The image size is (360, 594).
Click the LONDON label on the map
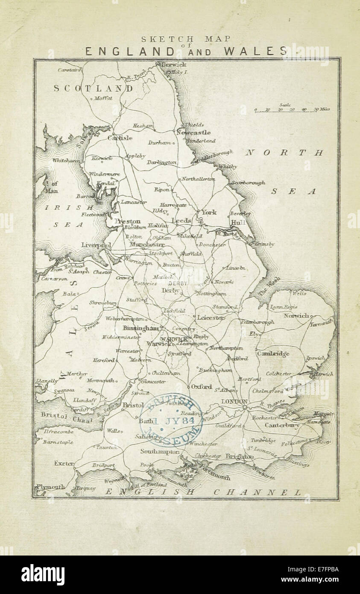click(234, 402)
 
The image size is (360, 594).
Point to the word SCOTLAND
click(93, 88)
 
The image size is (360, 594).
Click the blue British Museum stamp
click(171, 420)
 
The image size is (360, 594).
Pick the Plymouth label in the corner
click(51, 486)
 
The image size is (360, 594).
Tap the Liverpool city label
click(96, 245)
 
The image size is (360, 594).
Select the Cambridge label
click(273, 353)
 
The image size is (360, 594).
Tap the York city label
click(209, 212)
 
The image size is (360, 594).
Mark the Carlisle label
click(120, 138)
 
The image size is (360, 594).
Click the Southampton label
click(160, 451)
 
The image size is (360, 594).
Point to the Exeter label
click(64, 463)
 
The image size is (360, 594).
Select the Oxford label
click(201, 386)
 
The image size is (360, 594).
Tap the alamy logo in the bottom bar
click(43, 575)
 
